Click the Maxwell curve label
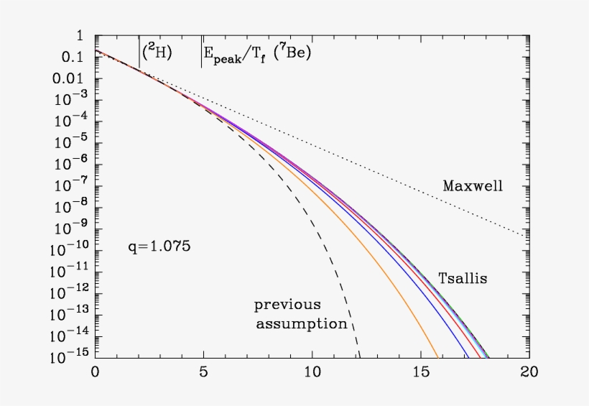pyautogui.click(x=473, y=186)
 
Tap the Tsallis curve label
pyautogui.click(x=463, y=278)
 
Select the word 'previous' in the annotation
pyautogui.click(x=287, y=305)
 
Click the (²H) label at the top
pyautogui.click(x=157, y=53)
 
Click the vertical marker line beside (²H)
pyautogui.click(x=139, y=54)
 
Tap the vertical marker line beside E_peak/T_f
pyautogui.click(x=201, y=54)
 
